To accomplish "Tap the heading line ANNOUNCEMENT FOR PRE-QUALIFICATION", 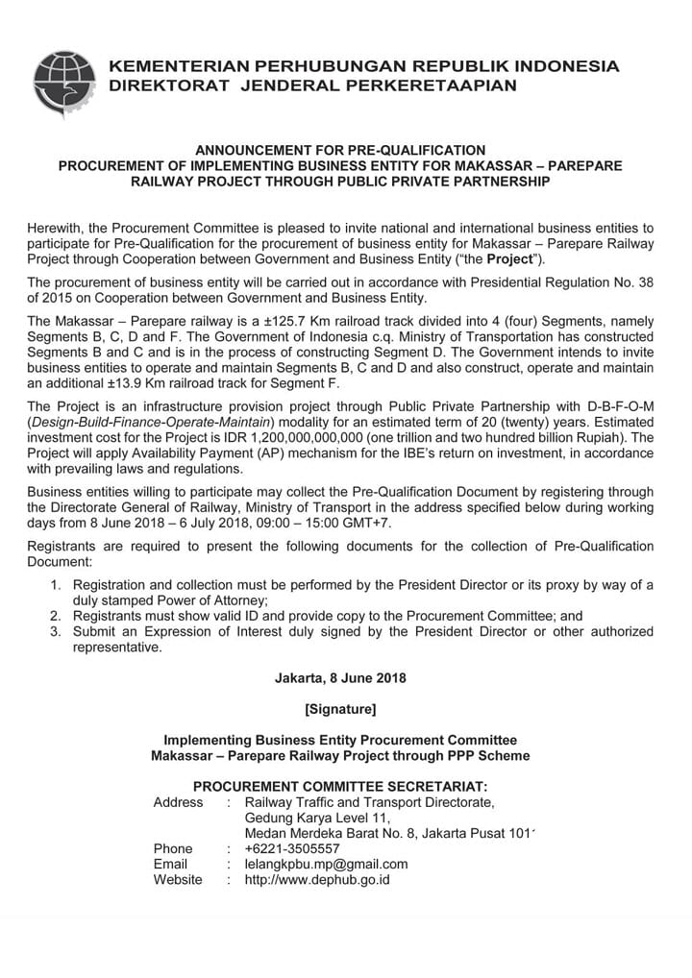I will [x=340, y=150].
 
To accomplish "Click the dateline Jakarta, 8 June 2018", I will [x=340, y=678].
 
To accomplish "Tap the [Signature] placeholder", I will [x=340, y=710].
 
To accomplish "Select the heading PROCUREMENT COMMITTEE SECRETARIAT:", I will [x=340, y=785].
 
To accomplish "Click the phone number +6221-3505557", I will [x=292, y=848].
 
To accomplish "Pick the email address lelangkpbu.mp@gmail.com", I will [x=326, y=864].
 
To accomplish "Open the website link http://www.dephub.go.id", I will [x=317, y=879].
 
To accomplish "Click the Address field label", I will [x=178, y=802].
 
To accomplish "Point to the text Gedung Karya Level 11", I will [x=312, y=818].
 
